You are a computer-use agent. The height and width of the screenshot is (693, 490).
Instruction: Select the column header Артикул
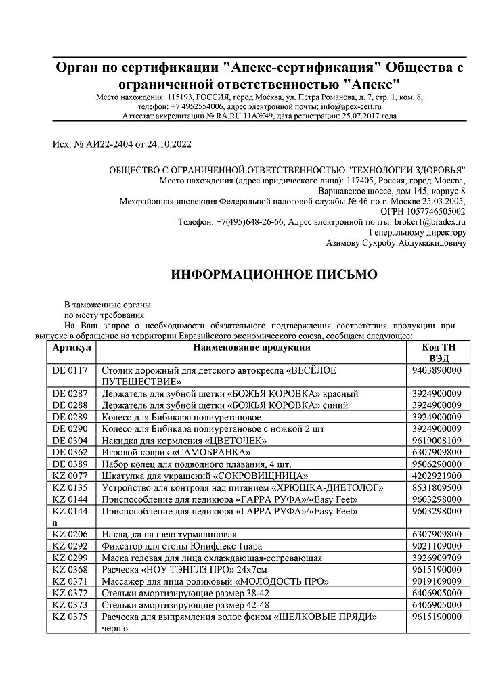click(x=70, y=348)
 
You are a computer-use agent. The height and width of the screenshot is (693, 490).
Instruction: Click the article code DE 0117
click(x=70, y=371)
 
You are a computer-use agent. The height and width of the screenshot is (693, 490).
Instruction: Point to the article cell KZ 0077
click(x=70, y=476)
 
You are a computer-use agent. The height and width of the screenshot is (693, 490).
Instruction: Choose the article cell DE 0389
click(x=70, y=464)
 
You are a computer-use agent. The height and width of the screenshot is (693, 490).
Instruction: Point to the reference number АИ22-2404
click(x=110, y=144)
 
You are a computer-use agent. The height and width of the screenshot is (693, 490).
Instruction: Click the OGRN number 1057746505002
click(x=432, y=211)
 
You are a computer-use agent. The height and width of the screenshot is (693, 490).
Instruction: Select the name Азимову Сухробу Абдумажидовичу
click(x=396, y=242)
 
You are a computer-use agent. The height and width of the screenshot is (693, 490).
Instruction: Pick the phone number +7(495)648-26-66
click(x=250, y=221)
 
